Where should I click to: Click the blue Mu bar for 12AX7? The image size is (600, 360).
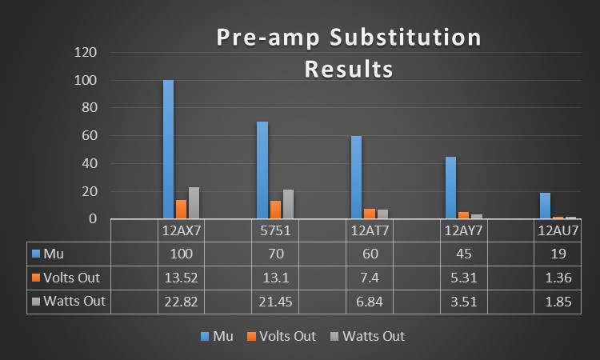(x=168, y=150)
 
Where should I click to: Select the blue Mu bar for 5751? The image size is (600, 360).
(x=262, y=170)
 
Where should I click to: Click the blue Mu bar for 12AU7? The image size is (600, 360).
(x=545, y=206)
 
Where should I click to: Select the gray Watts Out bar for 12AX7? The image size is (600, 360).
(x=194, y=203)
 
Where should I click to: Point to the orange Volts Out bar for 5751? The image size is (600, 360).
(x=275, y=210)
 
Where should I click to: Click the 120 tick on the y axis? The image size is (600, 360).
(x=86, y=53)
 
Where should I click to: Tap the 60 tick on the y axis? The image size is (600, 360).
(x=90, y=136)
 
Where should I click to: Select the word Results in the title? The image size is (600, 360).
(x=349, y=69)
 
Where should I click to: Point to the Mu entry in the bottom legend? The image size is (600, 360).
(x=222, y=336)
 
